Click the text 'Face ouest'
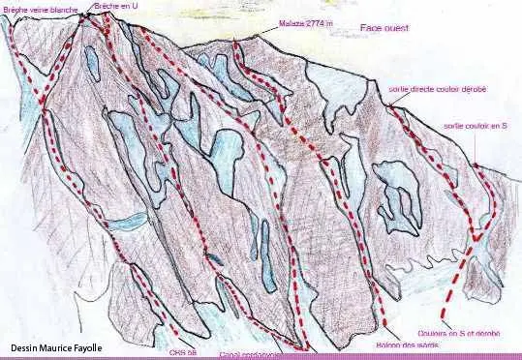384,29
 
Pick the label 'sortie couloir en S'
476,125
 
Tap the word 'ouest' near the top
395,29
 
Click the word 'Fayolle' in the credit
89,347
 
